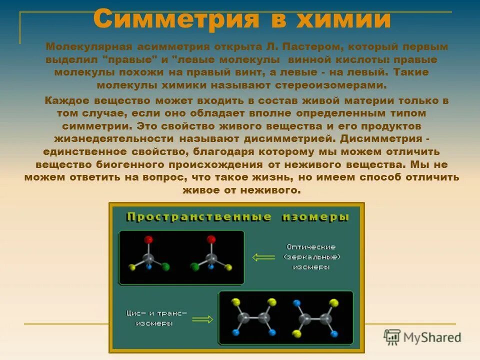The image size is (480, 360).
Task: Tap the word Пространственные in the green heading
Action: click(x=199, y=217)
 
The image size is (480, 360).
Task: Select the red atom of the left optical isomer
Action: click(x=148, y=240)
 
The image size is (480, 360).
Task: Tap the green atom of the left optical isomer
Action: click(x=165, y=266)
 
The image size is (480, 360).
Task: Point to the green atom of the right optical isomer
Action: click(x=194, y=266)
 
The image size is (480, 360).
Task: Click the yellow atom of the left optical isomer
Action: click(x=131, y=266)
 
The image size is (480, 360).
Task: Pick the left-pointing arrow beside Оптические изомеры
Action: click(x=264, y=257)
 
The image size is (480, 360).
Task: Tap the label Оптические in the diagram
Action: click(x=311, y=247)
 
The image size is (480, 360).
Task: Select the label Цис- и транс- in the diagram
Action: click(x=156, y=313)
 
